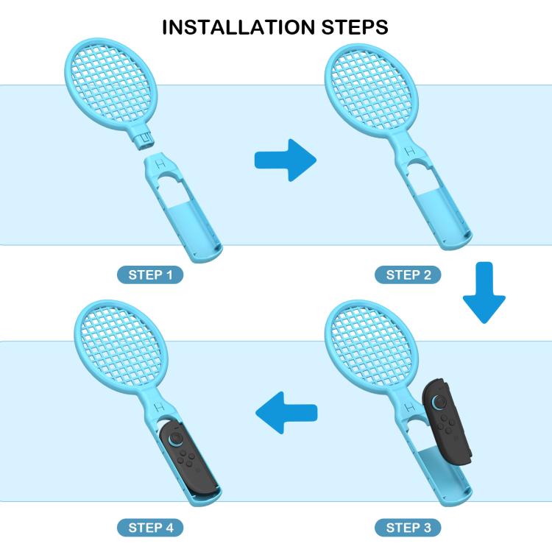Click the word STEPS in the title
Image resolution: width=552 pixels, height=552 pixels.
click(x=350, y=28)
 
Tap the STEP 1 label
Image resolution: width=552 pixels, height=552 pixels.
click(x=149, y=275)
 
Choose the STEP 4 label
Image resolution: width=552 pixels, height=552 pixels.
click(x=149, y=527)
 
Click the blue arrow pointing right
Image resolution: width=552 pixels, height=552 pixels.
click(x=284, y=159)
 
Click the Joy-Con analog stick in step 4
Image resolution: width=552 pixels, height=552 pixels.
click(x=177, y=439)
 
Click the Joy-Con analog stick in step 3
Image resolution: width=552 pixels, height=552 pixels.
click(x=439, y=402)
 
